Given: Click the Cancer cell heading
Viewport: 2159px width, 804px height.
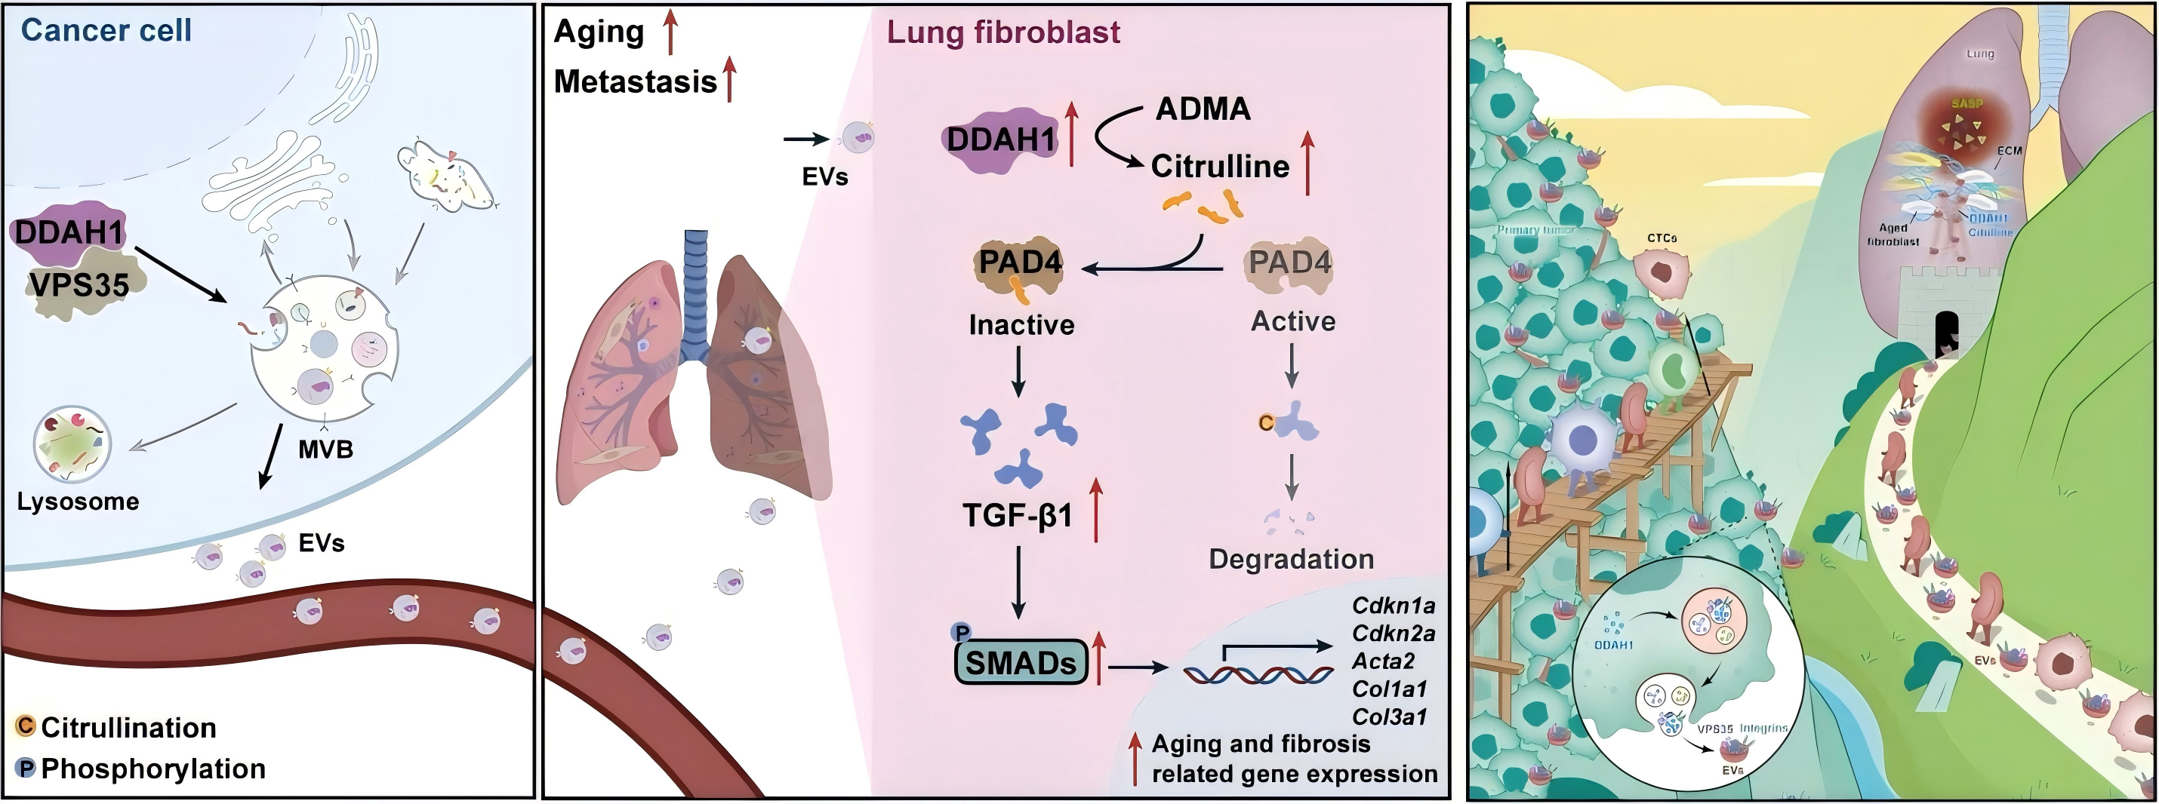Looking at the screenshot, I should coord(106,30).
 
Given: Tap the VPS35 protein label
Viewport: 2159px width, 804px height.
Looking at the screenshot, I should coord(79,285).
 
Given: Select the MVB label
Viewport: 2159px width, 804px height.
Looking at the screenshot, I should coord(325,450).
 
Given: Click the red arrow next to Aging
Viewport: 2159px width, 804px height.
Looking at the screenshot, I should coord(670,31).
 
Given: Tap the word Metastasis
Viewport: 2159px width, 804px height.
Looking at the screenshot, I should coord(636,81).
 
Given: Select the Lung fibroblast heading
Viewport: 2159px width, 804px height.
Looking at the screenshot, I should coord(1003,32).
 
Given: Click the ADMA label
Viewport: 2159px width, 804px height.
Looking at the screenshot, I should coord(1203,109).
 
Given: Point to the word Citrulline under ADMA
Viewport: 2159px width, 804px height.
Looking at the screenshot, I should coord(1219,166).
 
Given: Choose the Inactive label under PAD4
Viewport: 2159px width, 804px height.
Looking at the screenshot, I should coord(1021,324).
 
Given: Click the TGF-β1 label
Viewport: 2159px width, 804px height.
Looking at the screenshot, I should coord(1018,515).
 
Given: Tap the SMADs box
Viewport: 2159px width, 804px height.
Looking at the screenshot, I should coord(1021,662).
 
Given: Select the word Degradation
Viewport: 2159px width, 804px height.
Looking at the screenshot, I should coord(1291,559).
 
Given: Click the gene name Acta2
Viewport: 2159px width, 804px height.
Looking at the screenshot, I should coord(1383,661).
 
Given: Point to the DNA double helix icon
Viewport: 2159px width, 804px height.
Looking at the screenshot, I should coord(1257,674).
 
